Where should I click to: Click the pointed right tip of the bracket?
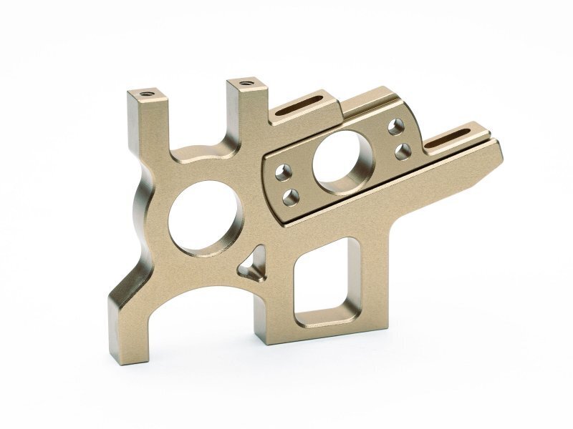(502, 144)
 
